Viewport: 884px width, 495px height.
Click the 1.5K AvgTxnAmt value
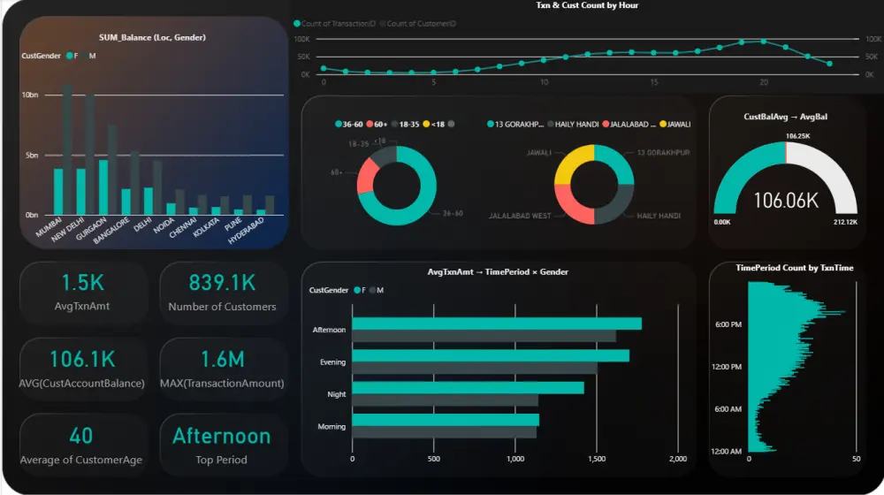point(83,282)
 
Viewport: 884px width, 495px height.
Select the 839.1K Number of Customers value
point(222,282)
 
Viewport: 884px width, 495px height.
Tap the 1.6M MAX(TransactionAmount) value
point(222,359)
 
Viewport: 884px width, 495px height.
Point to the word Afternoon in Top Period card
point(222,436)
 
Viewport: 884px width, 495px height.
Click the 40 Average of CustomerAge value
point(81,436)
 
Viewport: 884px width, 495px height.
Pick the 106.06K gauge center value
point(785,201)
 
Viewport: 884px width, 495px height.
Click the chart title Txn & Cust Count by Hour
point(587,6)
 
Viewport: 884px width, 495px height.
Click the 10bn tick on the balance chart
point(30,95)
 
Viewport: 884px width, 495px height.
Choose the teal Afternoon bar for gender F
point(496,324)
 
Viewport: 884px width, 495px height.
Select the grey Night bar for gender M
point(445,400)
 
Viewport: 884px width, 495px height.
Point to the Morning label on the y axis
point(331,427)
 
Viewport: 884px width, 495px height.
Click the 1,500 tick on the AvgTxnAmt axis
point(597,460)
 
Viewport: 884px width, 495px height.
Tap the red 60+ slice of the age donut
point(367,179)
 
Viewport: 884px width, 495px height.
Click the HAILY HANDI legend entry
point(575,124)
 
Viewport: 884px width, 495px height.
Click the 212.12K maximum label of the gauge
point(844,222)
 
